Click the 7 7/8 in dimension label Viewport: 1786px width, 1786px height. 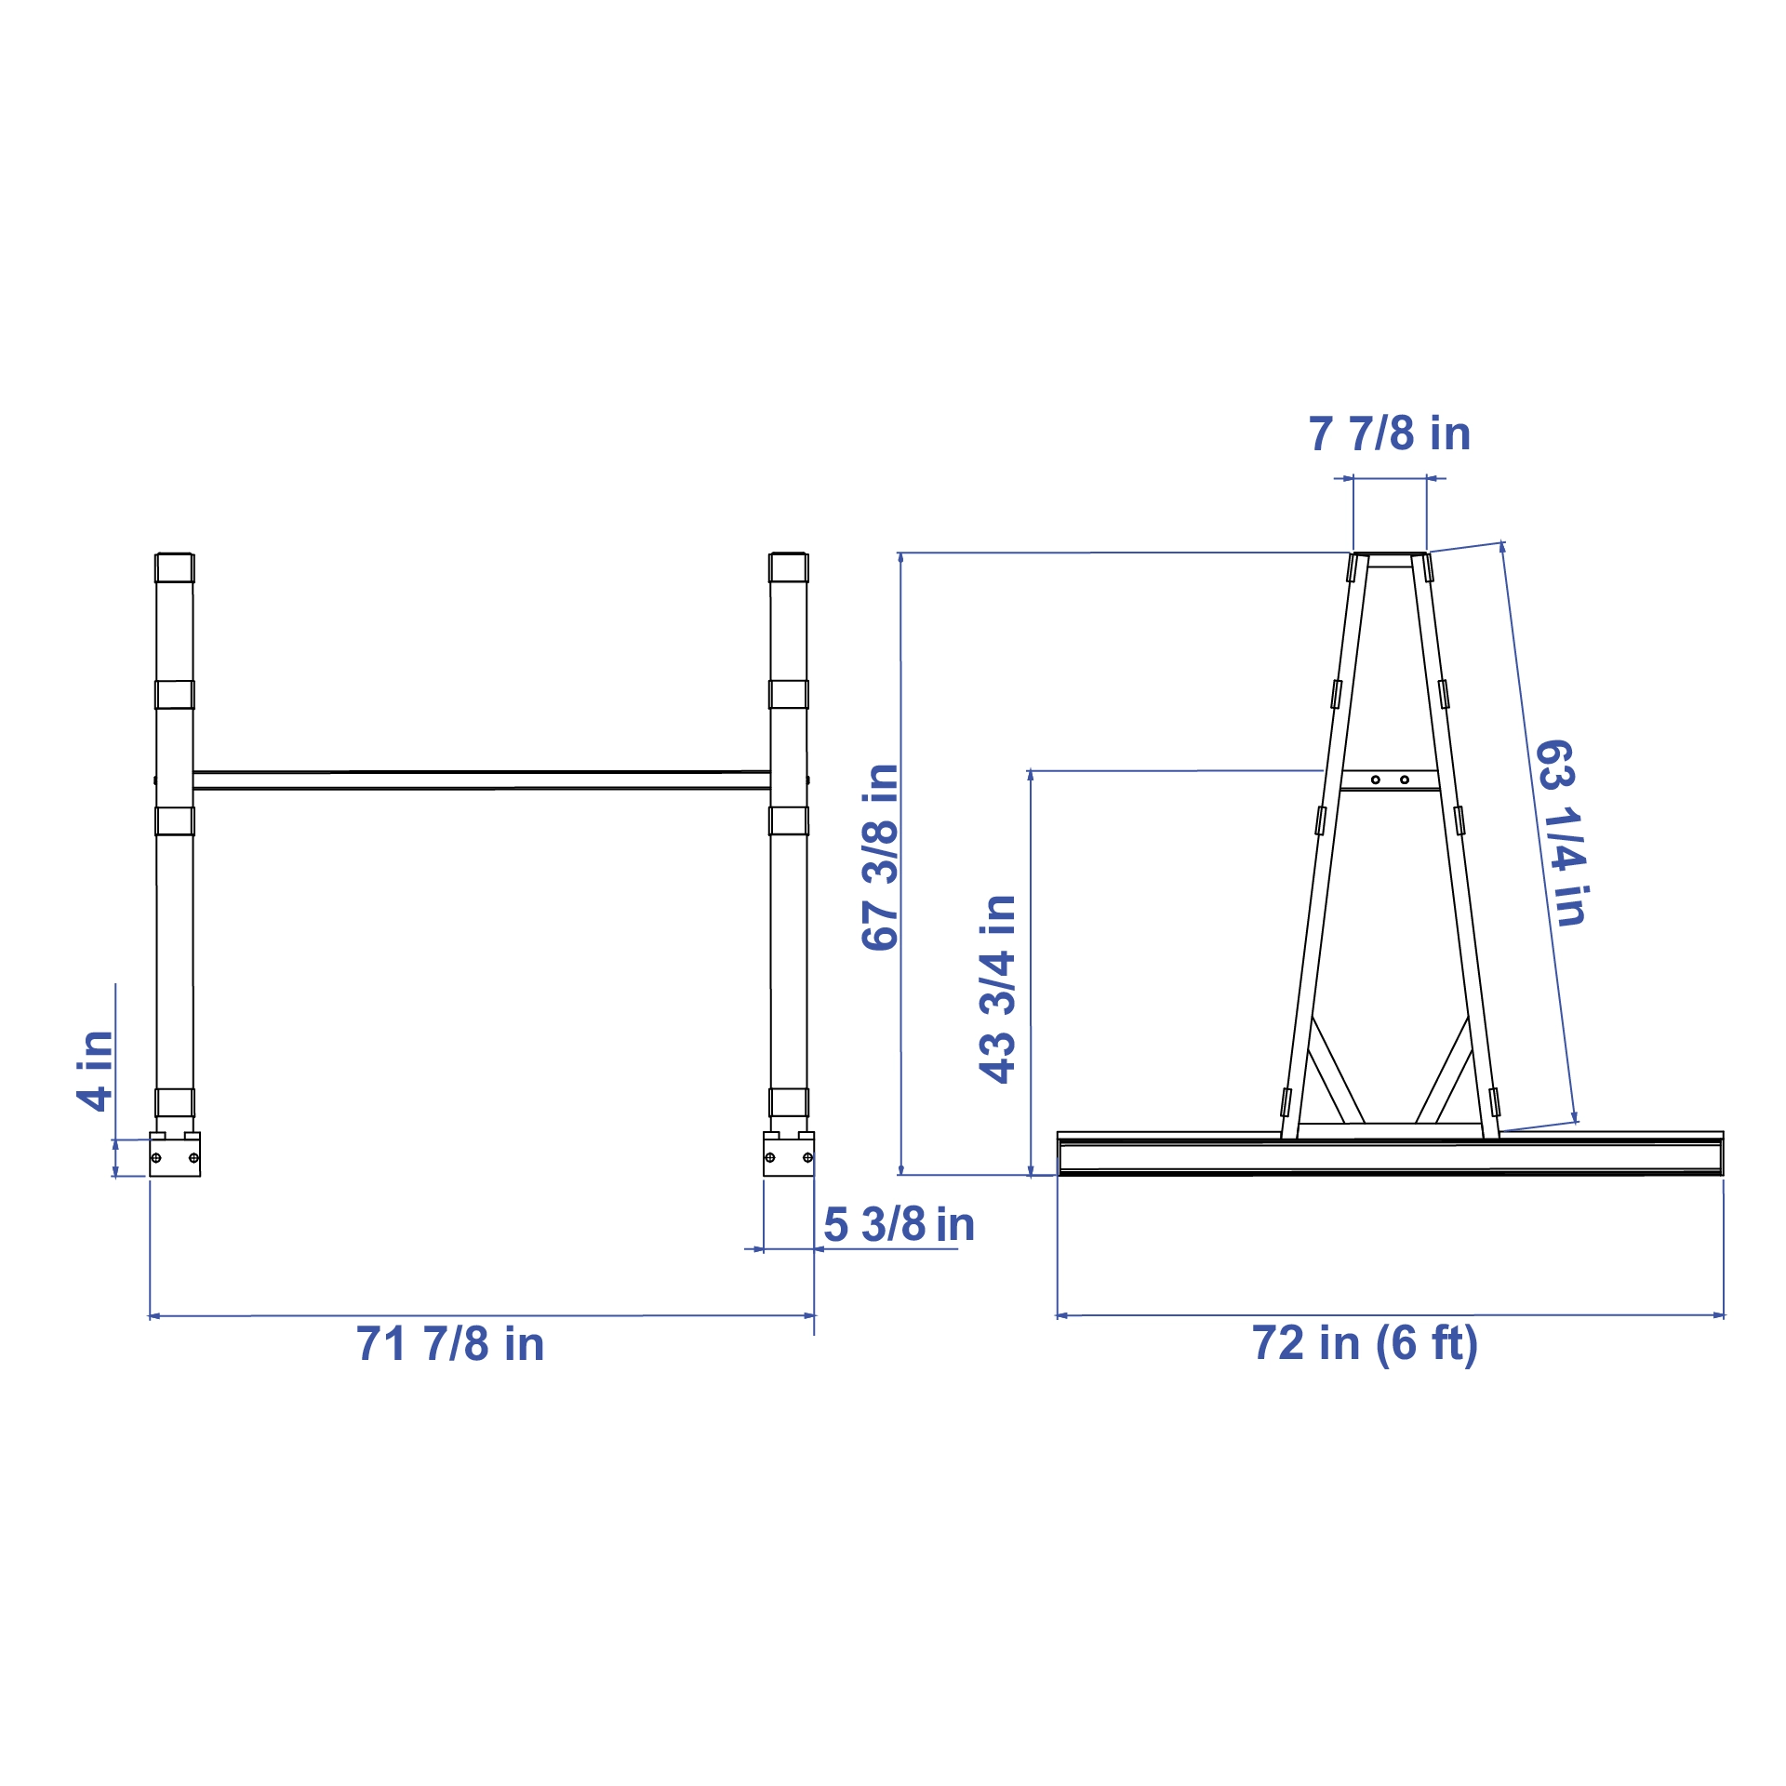tap(1390, 433)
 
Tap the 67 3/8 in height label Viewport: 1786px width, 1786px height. tap(880, 858)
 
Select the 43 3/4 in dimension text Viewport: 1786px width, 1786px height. tap(997, 989)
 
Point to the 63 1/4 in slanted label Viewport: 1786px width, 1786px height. tap(1561, 833)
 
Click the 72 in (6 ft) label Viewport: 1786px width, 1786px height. tap(1365, 1344)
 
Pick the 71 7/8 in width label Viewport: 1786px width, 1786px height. tap(450, 1344)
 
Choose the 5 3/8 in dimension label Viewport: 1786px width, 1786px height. tap(899, 1224)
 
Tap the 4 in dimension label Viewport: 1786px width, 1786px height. tap(95, 1071)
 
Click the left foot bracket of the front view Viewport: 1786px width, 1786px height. tap(175, 1154)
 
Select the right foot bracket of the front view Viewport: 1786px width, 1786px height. tap(789, 1154)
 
